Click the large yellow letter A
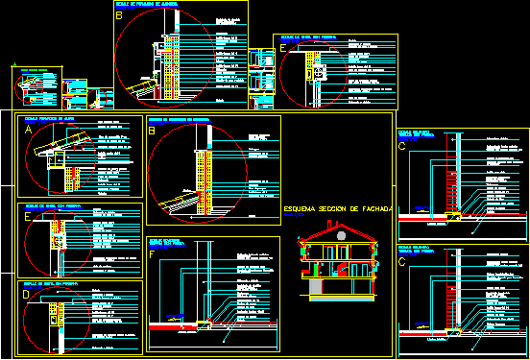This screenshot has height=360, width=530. click(x=30, y=129)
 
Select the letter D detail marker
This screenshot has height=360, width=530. click(x=27, y=295)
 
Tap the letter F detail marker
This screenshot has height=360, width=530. click(x=152, y=254)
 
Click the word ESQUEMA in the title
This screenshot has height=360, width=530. click(x=303, y=207)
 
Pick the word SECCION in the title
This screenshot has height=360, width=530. click(x=339, y=207)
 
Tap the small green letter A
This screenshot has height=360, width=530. click(x=14, y=66)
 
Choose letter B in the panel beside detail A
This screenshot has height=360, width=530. click(x=152, y=131)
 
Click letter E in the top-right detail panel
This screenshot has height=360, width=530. click(x=281, y=47)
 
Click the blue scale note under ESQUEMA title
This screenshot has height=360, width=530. click(x=292, y=218)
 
